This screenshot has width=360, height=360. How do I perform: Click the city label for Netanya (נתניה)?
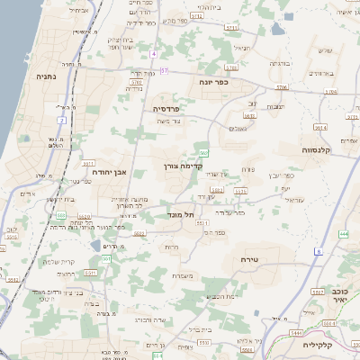tap(45, 77)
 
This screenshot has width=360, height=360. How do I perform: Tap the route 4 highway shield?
tap(154, 54)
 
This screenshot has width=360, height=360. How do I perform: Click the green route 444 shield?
tap(344, 234)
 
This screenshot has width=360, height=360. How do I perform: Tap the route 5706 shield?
tap(282, 88)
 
